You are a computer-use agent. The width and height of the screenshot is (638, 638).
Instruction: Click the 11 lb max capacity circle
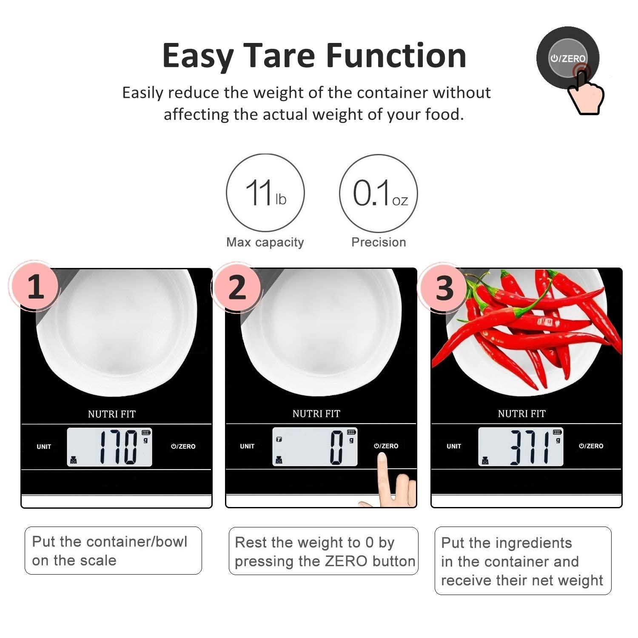[265, 193]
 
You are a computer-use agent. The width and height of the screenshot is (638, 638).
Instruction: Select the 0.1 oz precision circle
[379, 193]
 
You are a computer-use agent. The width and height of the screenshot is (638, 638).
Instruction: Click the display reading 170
[119, 447]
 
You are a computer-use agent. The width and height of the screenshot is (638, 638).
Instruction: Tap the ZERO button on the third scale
[591, 446]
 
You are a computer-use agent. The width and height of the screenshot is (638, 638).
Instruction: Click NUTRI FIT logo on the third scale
[521, 413]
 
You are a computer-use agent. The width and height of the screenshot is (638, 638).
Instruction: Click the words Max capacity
[265, 242]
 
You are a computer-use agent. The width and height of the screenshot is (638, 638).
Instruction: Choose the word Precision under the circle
[379, 242]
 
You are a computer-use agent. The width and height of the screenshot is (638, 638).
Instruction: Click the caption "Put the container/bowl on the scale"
[110, 551]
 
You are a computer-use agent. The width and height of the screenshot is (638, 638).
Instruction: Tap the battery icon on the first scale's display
[146, 433]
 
